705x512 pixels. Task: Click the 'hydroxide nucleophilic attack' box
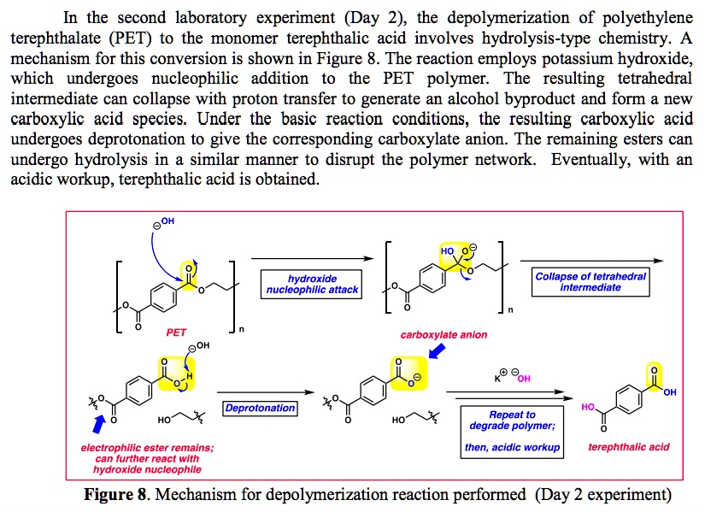pos(311,284)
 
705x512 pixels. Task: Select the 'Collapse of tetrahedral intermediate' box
pos(590,282)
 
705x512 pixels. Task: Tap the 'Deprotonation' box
pos(260,409)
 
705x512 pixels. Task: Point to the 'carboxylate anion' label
pos(444,335)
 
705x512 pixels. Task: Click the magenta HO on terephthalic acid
pos(589,409)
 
